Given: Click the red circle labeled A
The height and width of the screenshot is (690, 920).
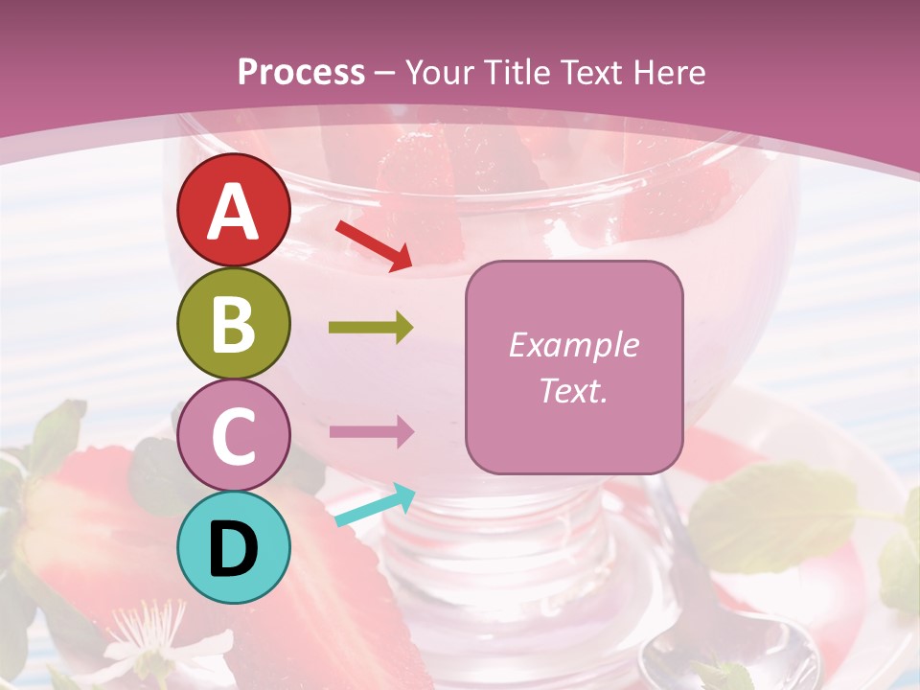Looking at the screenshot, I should coord(234,210).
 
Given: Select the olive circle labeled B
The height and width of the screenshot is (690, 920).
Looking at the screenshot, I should coord(234,323).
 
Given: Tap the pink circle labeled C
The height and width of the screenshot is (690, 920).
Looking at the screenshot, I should coord(234,435).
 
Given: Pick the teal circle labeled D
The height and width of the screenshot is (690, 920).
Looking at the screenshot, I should coord(234,547).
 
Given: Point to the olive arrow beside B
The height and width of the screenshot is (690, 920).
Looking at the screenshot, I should coord(371,329).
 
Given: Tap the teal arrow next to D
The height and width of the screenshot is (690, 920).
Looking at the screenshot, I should coord(375,505).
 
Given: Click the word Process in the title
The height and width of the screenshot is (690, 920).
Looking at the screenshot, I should coord(301,72).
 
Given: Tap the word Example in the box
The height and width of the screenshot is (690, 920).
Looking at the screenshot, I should coord(573,345).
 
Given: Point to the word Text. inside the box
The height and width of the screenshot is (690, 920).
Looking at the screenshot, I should coord(573,390).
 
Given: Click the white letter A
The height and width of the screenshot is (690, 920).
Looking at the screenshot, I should coord(234,212).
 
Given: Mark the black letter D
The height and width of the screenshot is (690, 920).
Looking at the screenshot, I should coord(234,548).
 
